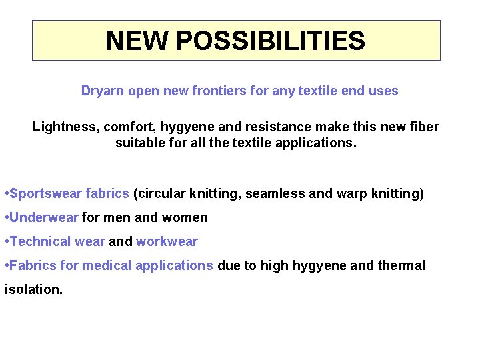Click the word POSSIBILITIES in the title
click(x=271, y=41)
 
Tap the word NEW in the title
click(x=137, y=41)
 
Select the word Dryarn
click(x=102, y=91)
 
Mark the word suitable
click(x=138, y=143)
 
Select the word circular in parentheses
click(x=159, y=194)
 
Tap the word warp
click(x=351, y=194)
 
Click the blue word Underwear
click(x=44, y=217)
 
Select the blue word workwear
click(x=167, y=241)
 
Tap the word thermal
click(x=401, y=265)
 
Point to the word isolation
click(x=33, y=289)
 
